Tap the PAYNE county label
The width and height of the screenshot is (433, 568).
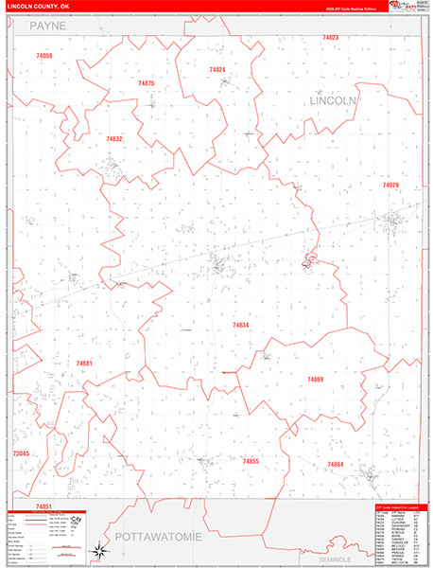pyautogui.click(x=47, y=27)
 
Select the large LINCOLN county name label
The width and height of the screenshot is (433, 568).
pyautogui.click(x=333, y=99)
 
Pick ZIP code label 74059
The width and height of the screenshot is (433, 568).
pyautogui.click(x=44, y=56)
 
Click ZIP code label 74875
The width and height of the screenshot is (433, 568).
pyautogui.click(x=146, y=83)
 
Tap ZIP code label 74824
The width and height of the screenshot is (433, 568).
pyautogui.click(x=217, y=69)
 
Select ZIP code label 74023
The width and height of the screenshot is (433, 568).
pyautogui.click(x=330, y=37)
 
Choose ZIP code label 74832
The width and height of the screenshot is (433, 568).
pyautogui.click(x=114, y=139)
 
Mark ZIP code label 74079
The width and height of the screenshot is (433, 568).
pyautogui.click(x=390, y=185)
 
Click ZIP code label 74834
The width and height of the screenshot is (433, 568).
pyautogui.click(x=241, y=325)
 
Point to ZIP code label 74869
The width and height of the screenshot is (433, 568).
pyautogui.click(x=315, y=379)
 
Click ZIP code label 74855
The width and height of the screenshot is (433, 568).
pyautogui.click(x=251, y=461)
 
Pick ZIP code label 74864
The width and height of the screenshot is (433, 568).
pyautogui.click(x=335, y=464)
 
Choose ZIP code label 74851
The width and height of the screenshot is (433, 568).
pyautogui.click(x=43, y=506)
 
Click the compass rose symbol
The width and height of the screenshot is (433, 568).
pyautogui.click(x=99, y=550)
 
